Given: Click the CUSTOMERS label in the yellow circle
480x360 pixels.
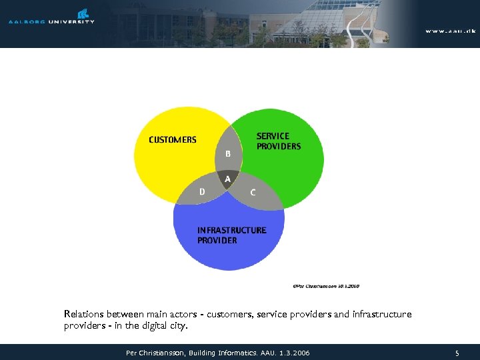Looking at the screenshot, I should point(173,140).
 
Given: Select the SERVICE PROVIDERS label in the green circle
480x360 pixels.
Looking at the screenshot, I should point(279,141).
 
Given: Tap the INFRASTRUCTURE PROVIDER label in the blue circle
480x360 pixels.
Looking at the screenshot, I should point(231,235).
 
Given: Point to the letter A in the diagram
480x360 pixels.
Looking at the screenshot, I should point(228,179).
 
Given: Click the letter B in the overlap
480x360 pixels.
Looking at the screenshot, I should point(228,154).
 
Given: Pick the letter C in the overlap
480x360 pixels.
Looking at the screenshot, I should point(253,193).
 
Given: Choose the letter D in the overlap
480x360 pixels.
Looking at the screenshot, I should point(202,192).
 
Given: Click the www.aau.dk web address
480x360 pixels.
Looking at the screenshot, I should point(451,31).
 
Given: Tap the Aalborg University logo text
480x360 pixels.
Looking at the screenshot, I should point(51,22).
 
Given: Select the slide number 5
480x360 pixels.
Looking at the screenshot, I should point(457,353).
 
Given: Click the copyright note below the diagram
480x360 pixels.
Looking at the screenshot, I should point(325,285).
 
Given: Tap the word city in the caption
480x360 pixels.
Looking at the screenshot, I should point(179,327).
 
